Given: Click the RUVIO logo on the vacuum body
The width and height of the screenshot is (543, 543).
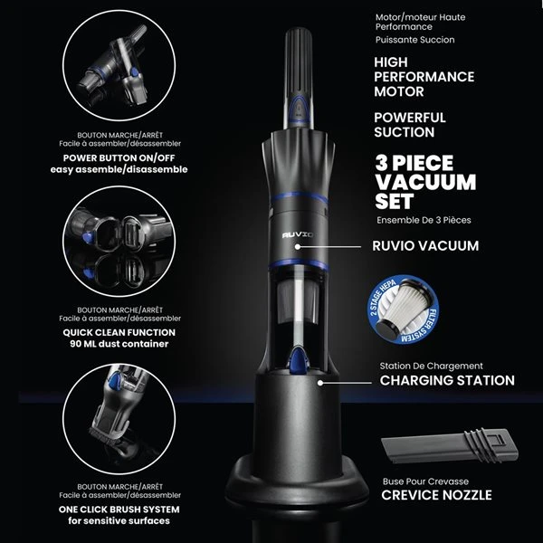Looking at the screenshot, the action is (298, 235).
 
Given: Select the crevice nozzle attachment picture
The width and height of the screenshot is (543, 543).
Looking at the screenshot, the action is (450, 445).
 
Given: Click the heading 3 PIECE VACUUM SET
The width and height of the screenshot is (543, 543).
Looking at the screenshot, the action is (425, 182).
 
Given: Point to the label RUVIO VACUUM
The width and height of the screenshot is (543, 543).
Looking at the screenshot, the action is (425, 246).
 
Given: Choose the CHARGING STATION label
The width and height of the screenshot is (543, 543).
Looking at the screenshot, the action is (447, 381).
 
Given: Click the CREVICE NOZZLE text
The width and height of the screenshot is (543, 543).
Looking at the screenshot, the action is (436, 495).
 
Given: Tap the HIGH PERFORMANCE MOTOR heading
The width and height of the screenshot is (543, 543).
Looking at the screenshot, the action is (424, 77).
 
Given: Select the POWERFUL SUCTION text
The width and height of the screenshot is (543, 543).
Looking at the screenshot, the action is (410, 125).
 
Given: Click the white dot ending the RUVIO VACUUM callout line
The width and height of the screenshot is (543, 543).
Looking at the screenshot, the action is (298, 247).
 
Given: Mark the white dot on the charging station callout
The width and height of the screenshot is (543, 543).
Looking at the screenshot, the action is (320, 383).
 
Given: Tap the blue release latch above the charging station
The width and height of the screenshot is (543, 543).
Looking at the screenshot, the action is (298, 362).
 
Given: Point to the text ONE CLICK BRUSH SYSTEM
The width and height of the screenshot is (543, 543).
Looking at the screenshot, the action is (119, 510).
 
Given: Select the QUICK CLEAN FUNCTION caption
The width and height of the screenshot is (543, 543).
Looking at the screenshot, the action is (119, 332).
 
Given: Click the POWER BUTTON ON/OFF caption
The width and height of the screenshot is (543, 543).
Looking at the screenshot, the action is (119, 157).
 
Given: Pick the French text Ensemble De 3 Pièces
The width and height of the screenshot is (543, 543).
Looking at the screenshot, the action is (424, 220).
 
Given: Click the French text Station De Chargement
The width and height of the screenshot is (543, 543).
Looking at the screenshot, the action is (431, 366).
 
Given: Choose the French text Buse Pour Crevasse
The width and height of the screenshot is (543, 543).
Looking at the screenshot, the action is (425, 481).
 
